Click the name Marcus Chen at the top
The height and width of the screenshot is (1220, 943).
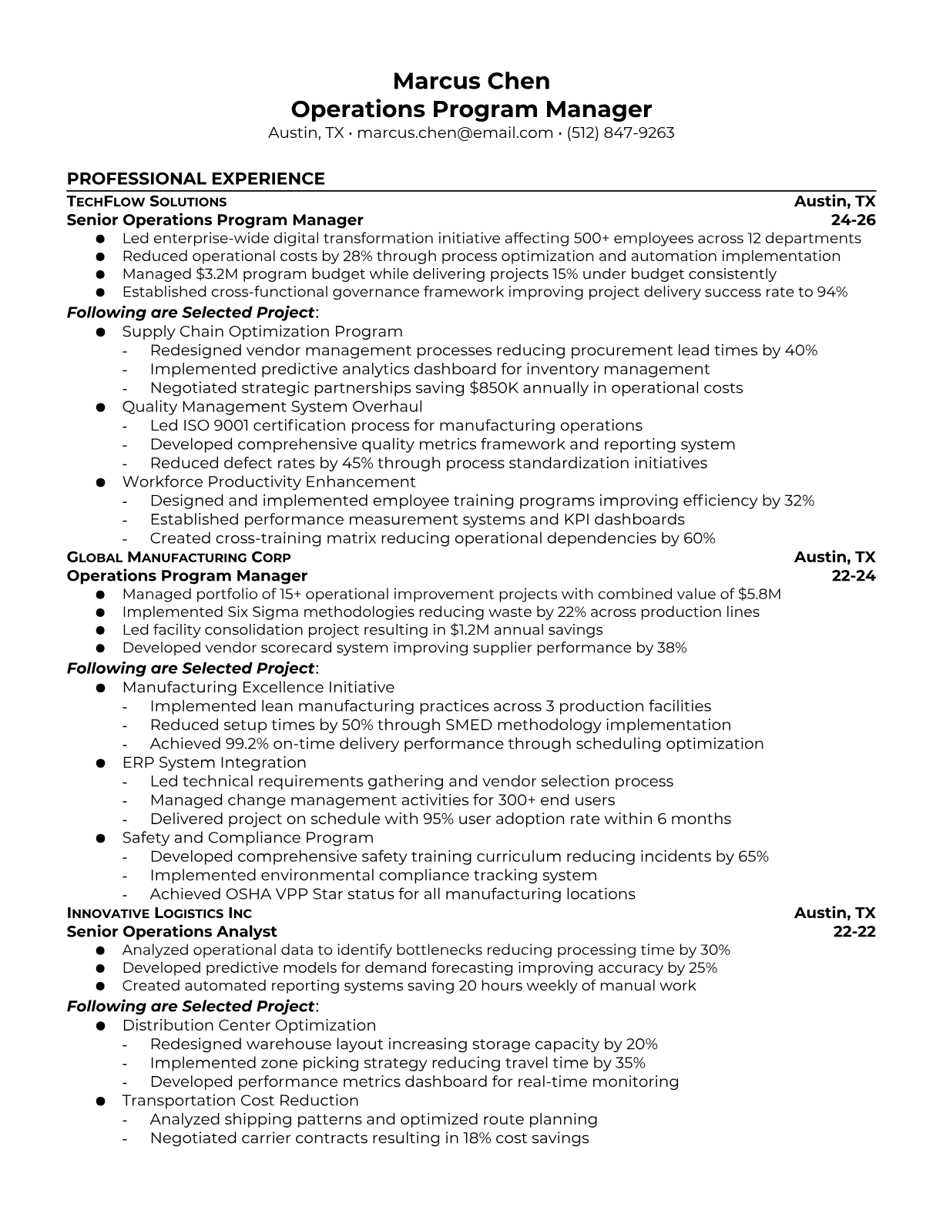click(x=471, y=81)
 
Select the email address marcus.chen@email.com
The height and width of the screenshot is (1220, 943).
click(x=455, y=132)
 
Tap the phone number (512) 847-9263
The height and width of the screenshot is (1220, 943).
click(x=620, y=132)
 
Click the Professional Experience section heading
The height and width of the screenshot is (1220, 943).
click(x=196, y=179)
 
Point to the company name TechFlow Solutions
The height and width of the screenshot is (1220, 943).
click(x=146, y=202)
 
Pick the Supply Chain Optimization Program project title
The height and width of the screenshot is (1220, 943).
click(x=262, y=332)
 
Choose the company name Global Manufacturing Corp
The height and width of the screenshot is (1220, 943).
click(x=179, y=558)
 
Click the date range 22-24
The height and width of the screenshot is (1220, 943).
click(x=854, y=576)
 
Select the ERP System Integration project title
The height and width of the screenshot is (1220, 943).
click(x=214, y=762)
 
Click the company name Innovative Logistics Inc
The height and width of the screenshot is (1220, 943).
click(x=159, y=913)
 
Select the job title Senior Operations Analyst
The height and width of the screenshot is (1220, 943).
click(x=172, y=932)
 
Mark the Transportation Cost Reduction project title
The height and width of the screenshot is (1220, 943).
click(x=240, y=1101)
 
